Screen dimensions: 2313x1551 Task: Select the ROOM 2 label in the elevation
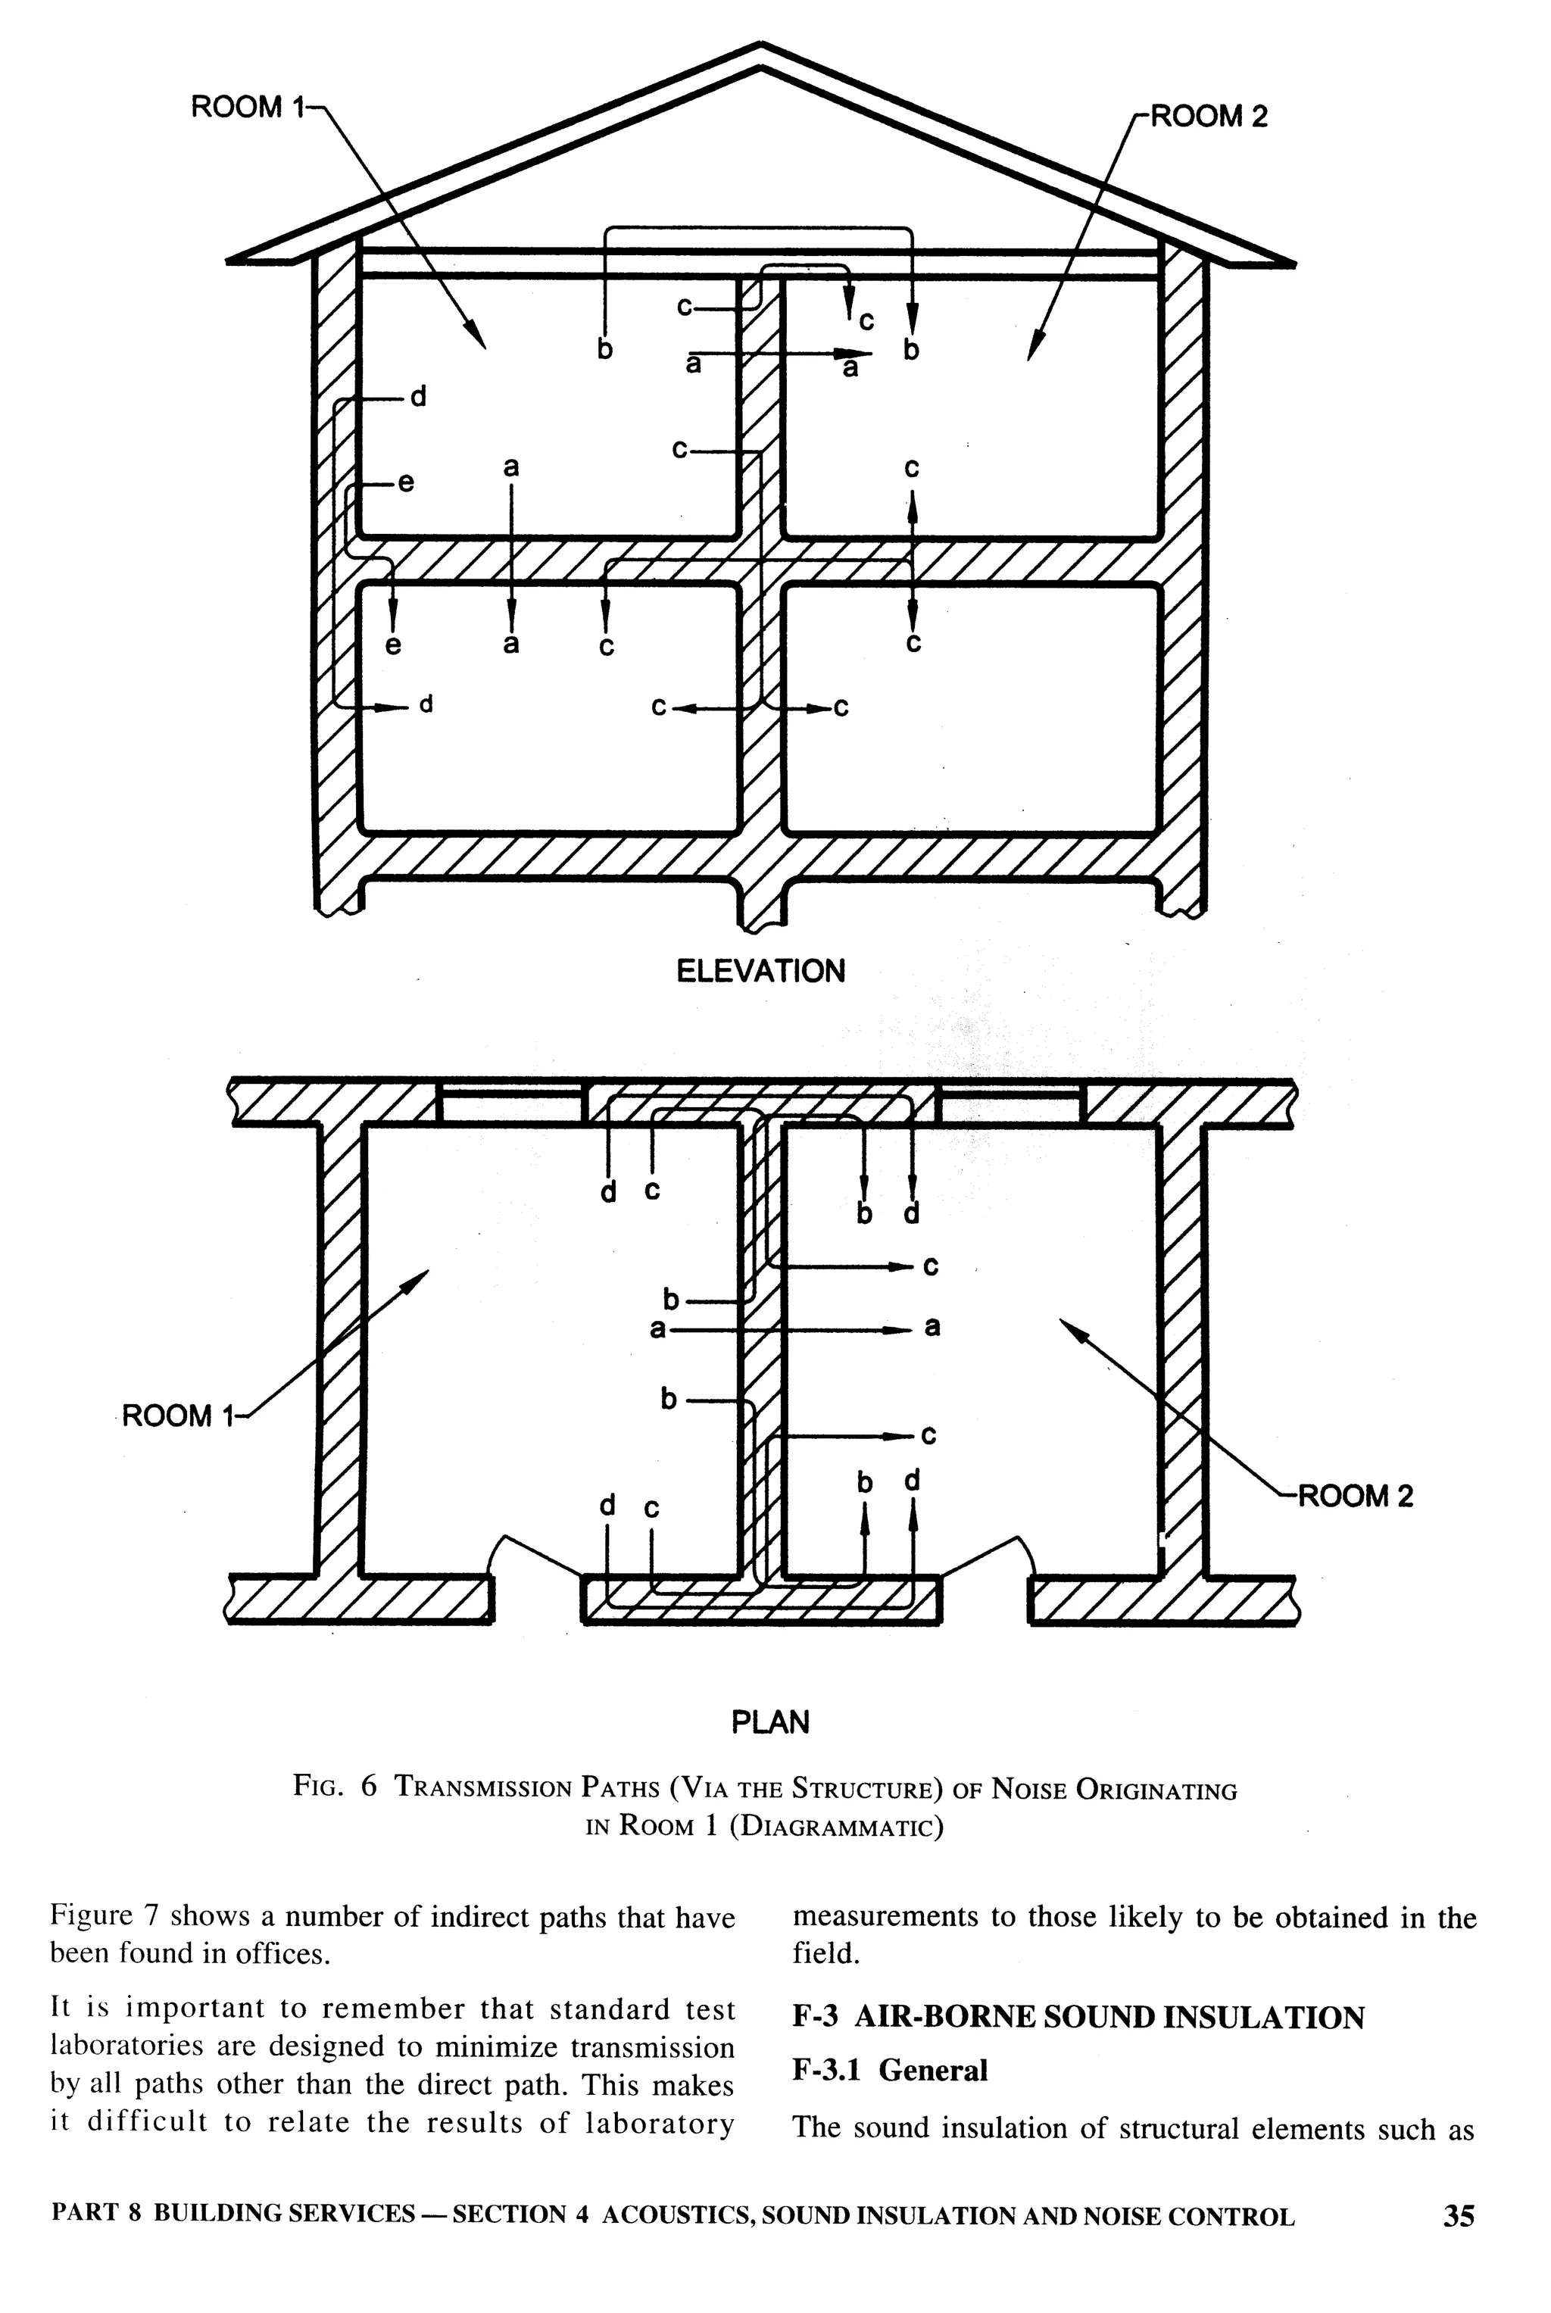[1208, 117]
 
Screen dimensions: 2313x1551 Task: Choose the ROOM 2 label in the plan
[1354, 1496]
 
